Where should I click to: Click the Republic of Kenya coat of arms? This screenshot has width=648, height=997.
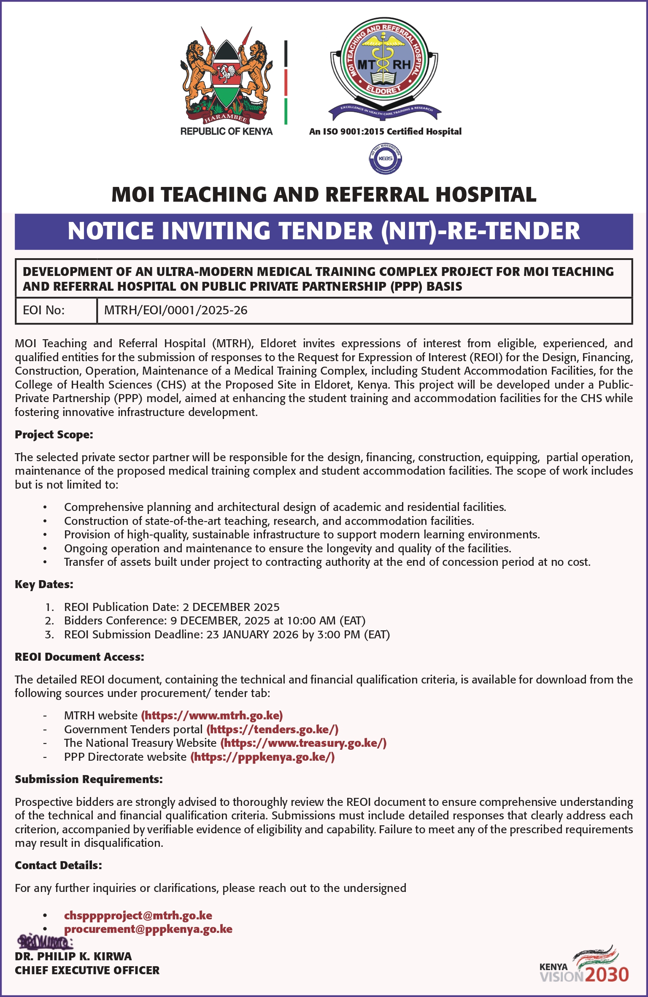(x=226, y=76)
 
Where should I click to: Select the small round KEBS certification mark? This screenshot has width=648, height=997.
(x=385, y=159)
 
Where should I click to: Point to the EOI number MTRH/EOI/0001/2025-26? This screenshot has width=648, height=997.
(x=175, y=311)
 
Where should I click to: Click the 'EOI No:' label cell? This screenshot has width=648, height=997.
(x=44, y=311)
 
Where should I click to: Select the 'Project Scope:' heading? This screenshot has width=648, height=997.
(x=54, y=435)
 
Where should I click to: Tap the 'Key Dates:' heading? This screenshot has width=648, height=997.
(x=44, y=584)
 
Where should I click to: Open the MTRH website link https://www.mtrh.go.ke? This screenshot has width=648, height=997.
(x=212, y=716)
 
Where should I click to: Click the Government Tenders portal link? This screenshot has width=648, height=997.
(x=273, y=730)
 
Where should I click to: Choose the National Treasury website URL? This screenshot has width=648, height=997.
(x=303, y=743)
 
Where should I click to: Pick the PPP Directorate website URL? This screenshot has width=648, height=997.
(x=262, y=757)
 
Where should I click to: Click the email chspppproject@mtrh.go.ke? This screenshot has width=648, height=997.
(x=138, y=915)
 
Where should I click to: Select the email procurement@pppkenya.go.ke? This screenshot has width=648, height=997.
(x=148, y=929)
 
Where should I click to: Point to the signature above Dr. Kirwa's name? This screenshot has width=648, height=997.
(x=45, y=942)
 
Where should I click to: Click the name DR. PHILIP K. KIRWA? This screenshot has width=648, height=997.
(x=73, y=956)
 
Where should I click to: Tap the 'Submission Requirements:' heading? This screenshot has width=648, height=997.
(x=89, y=779)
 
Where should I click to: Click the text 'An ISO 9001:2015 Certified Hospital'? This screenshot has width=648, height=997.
(x=385, y=132)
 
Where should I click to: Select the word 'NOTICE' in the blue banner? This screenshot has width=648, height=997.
(x=111, y=231)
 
